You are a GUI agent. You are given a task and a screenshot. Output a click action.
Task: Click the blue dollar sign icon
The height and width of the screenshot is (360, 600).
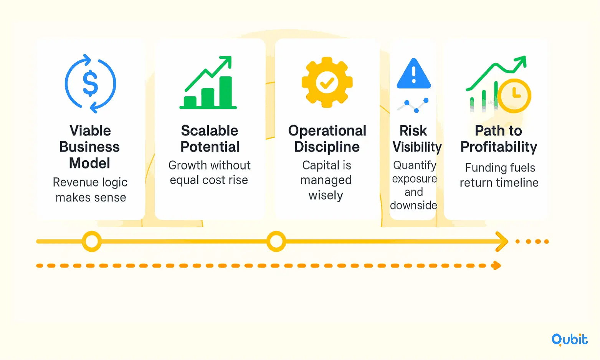click(x=90, y=83)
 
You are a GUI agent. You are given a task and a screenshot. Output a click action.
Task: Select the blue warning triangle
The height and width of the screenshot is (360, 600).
click(x=414, y=73)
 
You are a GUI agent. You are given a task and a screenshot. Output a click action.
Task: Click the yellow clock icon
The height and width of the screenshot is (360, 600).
click(x=514, y=96)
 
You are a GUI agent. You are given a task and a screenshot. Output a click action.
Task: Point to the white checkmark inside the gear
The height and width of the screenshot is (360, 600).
click(x=327, y=83)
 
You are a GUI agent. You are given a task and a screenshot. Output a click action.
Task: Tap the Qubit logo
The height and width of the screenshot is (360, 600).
click(x=569, y=340)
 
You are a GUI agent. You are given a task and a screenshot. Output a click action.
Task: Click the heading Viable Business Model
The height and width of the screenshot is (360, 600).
click(x=90, y=147)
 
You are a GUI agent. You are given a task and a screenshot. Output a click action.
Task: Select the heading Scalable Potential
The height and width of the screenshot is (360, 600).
click(x=210, y=139)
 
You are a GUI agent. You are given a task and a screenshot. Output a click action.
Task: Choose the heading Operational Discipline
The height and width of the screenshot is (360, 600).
click(x=327, y=139)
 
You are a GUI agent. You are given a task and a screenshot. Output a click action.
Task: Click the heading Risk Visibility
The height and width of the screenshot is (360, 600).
click(x=417, y=139)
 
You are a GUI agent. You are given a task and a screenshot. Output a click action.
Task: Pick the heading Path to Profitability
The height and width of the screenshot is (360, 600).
click(x=499, y=139)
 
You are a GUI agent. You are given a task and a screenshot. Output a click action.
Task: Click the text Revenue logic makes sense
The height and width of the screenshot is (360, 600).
click(x=90, y=190)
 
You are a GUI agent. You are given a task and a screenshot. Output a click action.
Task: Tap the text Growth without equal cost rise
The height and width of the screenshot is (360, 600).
click(x=210, y=172)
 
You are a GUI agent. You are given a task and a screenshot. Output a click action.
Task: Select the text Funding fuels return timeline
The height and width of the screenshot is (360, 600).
click(x=499, y=175)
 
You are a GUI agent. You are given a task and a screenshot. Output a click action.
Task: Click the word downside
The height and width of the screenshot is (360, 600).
click(x=413, y=205)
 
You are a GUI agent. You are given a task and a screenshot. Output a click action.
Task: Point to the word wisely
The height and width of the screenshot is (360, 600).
click(x=326, y=195)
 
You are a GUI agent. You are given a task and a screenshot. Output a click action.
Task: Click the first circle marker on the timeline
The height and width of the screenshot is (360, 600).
click(x=92, y=241)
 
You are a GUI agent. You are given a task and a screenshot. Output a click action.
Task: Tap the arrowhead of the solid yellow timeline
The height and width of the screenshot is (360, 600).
click(x=502, y=242)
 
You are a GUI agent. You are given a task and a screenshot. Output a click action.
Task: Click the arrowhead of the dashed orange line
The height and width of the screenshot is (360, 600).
click(x=496, y=266)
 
